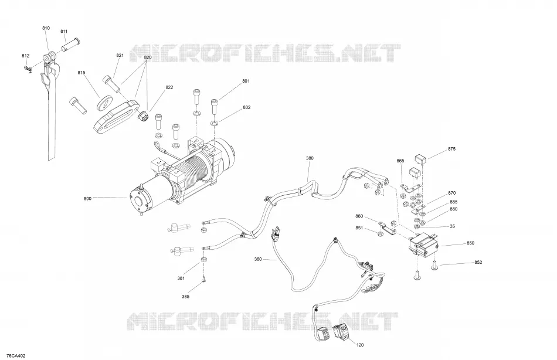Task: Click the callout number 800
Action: coord(87,199)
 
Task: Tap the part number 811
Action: coord(64,31)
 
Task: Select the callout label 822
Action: coord(169,87)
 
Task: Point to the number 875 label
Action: coord(451,149)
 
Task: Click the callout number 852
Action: coord(478,262)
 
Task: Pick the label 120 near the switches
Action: coord(360,345)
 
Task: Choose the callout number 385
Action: coord(185,297)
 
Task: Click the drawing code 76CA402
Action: coord(16,356)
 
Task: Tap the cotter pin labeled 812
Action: coord(28,69)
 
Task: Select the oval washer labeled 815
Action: coord(104,101)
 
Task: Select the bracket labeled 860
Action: coord(387,228)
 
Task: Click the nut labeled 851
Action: coord(379,233)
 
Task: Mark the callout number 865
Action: coord(400,161)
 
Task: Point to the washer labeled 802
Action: coord(214,123)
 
